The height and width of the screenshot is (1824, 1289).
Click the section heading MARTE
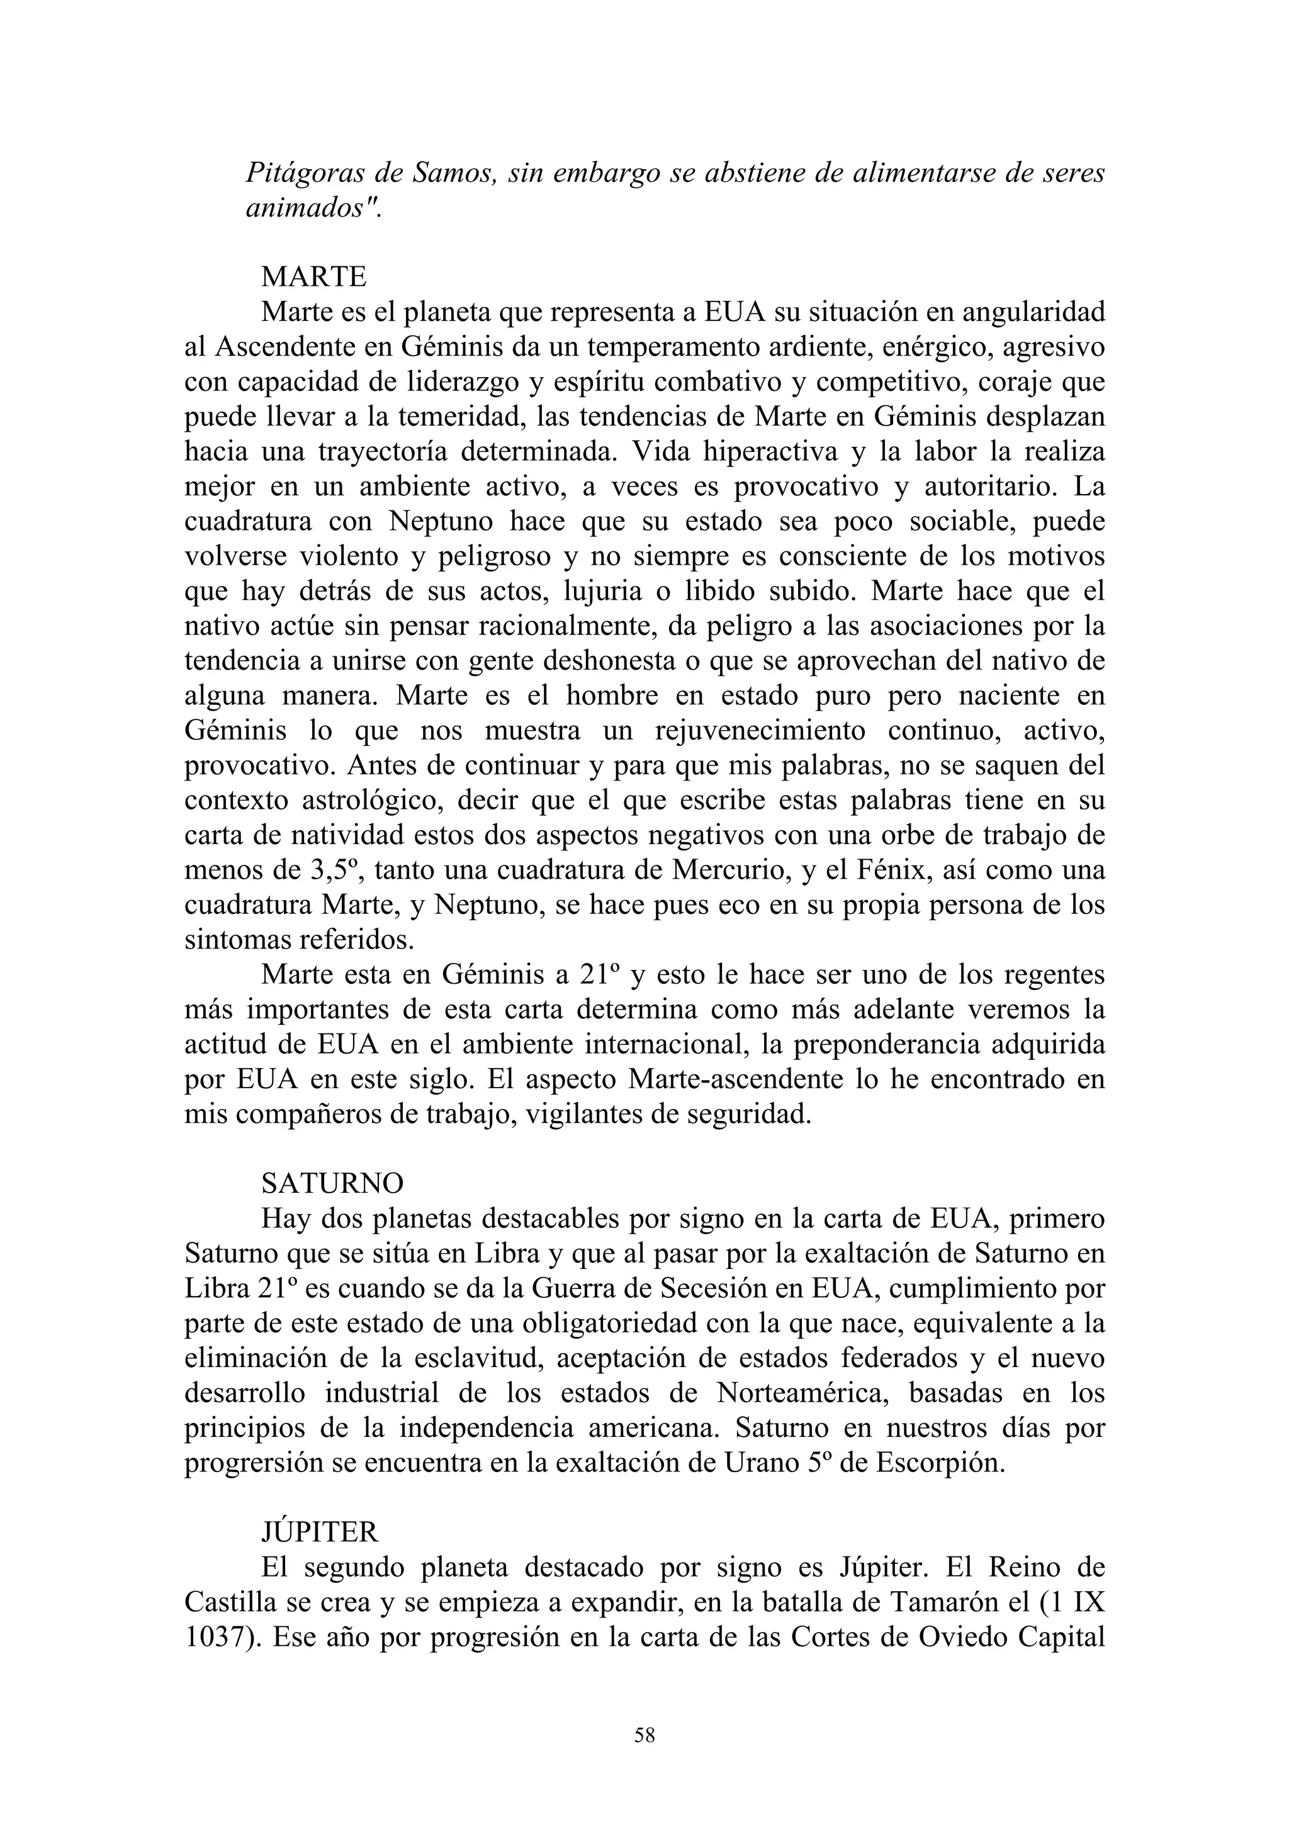[x=313, y=276]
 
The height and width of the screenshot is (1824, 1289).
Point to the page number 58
[x=644, y=1736]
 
